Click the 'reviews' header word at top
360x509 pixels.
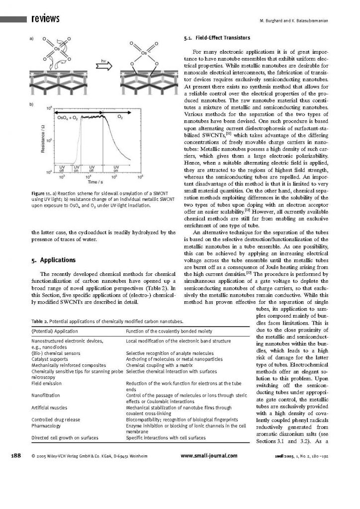45,19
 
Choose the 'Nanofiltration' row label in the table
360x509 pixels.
46,395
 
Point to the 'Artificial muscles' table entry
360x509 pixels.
50,408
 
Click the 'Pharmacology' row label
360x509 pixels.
46,425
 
